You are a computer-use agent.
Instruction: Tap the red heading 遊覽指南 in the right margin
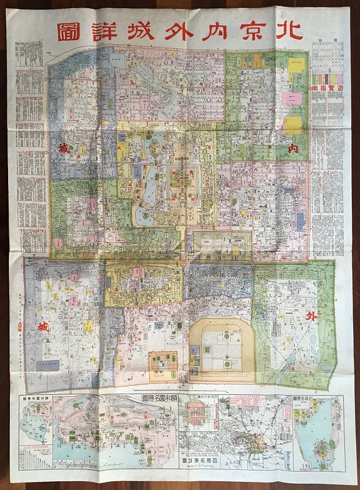click(326, 89)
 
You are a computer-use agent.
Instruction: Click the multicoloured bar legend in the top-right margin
click(326, 78)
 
